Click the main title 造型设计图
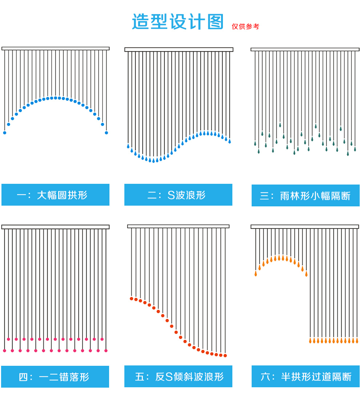pos(178,22)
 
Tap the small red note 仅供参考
pos(245,27)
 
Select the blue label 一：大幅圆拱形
pos(55,195)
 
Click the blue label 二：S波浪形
pos(178,195)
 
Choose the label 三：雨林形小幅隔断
pos(305,196)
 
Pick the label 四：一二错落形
pos(55,377)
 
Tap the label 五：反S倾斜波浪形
pos(178,377)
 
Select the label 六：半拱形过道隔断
pos(305,377)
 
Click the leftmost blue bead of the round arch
pos(5,133)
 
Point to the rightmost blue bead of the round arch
pos(107,133)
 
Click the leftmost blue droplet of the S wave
pos(128,146)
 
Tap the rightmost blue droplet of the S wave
pos(229,141)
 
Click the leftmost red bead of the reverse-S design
pos(132,298)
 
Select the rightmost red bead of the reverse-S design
pos(225,356)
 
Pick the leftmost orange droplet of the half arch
pos(256,274)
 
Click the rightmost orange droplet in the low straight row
pos(357,341)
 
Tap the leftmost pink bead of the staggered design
pos(5,351)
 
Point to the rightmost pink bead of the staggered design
pos(106,351)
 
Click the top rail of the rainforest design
pos(305,49)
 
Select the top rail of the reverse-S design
pos(178,226)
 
